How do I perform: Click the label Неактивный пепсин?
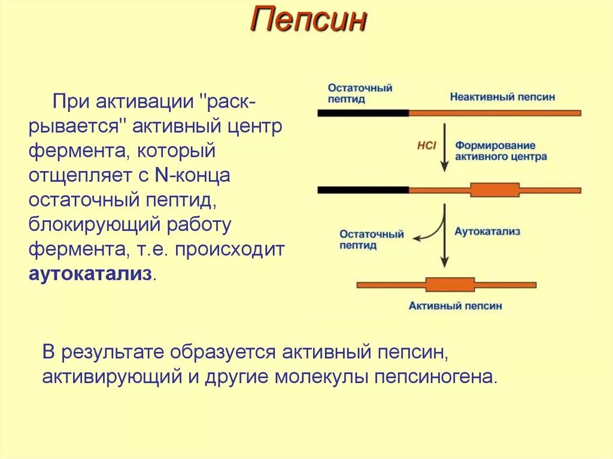[502, 96]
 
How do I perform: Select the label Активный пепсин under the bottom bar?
[455, 306]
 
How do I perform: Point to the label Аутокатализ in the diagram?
[487, 231]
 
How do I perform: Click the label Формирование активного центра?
[500, 151]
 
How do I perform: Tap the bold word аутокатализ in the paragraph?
[90, 275]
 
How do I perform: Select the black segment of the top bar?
[363, 112]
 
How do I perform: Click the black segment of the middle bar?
[363, 190]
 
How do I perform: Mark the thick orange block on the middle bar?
[494, 190]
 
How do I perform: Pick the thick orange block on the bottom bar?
[450, 284]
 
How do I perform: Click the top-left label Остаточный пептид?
[359, 93]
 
